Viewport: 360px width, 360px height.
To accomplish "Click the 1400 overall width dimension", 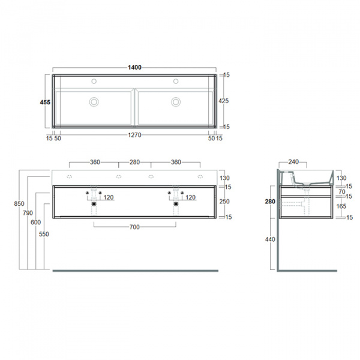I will [134, 67].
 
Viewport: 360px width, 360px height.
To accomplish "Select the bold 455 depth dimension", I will [44, 102].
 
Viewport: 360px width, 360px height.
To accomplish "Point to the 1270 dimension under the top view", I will [134, 136].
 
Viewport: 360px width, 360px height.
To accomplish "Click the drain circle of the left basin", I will [94, 101].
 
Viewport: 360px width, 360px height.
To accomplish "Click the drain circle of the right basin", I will [176, 101].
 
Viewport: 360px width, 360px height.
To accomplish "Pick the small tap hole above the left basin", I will [94, 81].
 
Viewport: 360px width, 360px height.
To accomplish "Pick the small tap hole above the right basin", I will [176, 81].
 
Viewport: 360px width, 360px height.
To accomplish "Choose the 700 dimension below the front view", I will [134, 227].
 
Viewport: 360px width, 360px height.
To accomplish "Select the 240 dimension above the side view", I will [293, 161].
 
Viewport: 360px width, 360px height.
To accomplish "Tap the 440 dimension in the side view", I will [270, 239].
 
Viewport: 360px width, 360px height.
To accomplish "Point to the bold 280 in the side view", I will [270, 202].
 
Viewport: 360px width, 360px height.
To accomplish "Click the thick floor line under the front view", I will [134, 271].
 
